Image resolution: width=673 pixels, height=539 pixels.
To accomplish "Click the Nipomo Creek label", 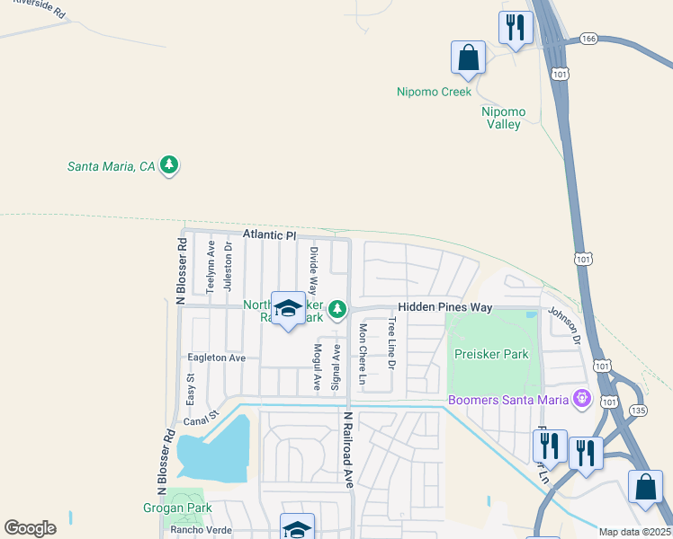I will [434, 92].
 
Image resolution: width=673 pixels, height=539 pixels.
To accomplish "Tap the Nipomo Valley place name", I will [503, 118].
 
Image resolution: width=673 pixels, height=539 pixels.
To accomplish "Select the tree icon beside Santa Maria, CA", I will [168, 165].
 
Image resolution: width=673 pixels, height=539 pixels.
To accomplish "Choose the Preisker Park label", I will [491, 354].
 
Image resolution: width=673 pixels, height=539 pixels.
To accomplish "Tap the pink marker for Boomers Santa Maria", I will [582, 396].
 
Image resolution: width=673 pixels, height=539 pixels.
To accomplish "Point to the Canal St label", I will [202, 420].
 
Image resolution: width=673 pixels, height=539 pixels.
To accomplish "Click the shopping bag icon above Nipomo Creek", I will [468, 58].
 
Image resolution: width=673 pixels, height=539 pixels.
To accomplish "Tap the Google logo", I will [30, 528].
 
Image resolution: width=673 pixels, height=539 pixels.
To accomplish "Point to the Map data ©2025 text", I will [635, 532].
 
